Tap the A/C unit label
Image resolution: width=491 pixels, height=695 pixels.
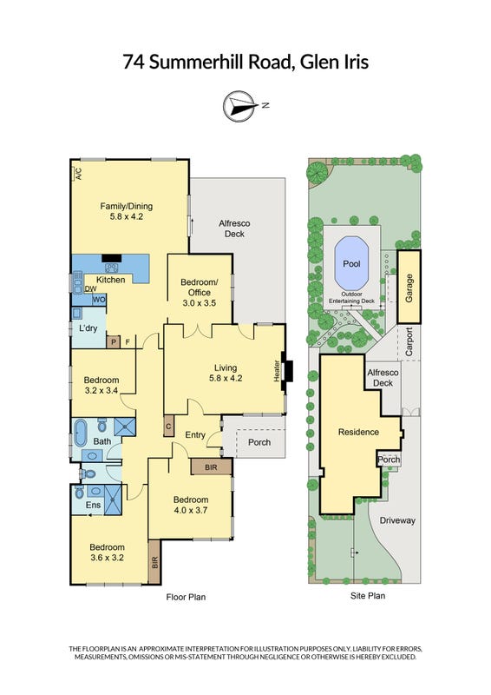point(78,173)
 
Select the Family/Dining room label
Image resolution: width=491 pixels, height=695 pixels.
point(126,211)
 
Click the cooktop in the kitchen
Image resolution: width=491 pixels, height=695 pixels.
point(111,268)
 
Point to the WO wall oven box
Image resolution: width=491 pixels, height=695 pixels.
point(99,300)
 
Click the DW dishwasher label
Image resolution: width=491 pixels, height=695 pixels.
point(90,289)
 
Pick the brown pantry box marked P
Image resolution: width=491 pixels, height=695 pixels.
point(114,341)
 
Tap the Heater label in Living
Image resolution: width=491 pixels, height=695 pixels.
point(276,371)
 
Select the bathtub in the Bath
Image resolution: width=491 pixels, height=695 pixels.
point(81,433)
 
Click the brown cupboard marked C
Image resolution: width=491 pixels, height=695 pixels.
point(168,427)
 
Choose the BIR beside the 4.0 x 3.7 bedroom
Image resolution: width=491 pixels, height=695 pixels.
point(211,467)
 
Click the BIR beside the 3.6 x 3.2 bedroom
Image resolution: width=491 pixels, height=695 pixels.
point(154,562)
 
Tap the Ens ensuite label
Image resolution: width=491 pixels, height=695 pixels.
point(93,505)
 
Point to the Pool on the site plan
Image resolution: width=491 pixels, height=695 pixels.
point(351,263)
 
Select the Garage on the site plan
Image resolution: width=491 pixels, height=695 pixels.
point(409,287)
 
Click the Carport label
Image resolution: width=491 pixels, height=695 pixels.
point(409,341)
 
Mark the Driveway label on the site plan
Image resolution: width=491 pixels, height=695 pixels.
point(397,520)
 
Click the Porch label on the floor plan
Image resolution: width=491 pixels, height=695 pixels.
point(259,442)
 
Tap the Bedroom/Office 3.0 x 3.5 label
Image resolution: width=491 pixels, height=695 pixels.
point(200,293)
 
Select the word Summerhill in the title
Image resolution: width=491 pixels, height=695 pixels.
point(219,62)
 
